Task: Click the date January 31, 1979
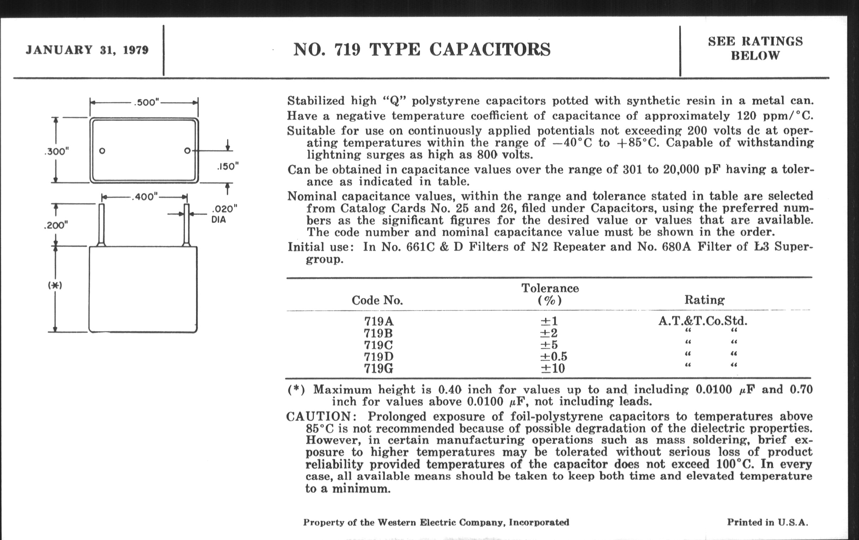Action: (87, 50)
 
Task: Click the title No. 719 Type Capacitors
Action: (422, 49)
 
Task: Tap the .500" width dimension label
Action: (147, 103)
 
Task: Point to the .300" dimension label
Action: (57, 151)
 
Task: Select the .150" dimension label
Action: (227, 167)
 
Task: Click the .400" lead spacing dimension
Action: (145, 197)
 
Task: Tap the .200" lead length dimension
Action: (56, 225)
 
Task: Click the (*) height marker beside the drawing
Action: (55, 286)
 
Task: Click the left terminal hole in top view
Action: (102, 151)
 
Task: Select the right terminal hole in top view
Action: (187, 151)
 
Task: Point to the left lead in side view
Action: (101, 224)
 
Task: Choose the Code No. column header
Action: (377, 300)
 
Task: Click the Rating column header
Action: (704, 300)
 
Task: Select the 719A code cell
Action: (379, 322)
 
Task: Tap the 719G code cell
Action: (379, 368)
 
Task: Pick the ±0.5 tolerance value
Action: (553, 356)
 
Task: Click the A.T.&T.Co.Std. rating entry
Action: (703, 321)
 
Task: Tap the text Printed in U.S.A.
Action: (767, 522)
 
